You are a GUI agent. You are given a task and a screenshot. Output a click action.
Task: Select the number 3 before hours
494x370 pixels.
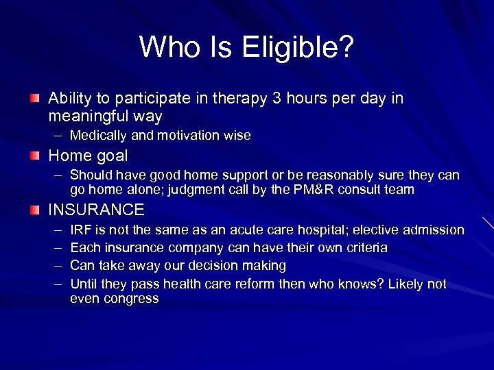(277, 99)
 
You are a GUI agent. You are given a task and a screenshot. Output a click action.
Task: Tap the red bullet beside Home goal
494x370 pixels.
(35, 156)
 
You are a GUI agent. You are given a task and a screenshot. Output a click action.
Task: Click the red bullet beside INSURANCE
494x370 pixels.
(35, 210)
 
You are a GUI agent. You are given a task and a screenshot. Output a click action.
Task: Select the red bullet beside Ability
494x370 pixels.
(35, 99)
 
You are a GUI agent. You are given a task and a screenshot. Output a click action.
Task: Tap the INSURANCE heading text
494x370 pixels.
(96, 210)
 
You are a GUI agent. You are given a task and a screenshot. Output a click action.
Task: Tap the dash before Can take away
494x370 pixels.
(56, 266)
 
